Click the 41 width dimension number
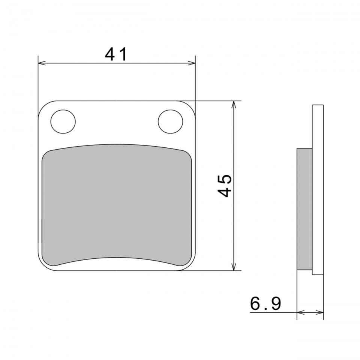click(116, 54)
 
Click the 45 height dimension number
click(224, 186)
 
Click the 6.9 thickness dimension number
click(265, 303)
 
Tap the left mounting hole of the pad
click(63, 121)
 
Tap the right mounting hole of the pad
click(171, 121)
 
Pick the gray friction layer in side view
click(304, 209)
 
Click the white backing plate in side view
click(318, 190)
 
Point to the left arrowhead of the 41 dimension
click(42, 63)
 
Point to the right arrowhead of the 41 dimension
click(192, 63)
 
